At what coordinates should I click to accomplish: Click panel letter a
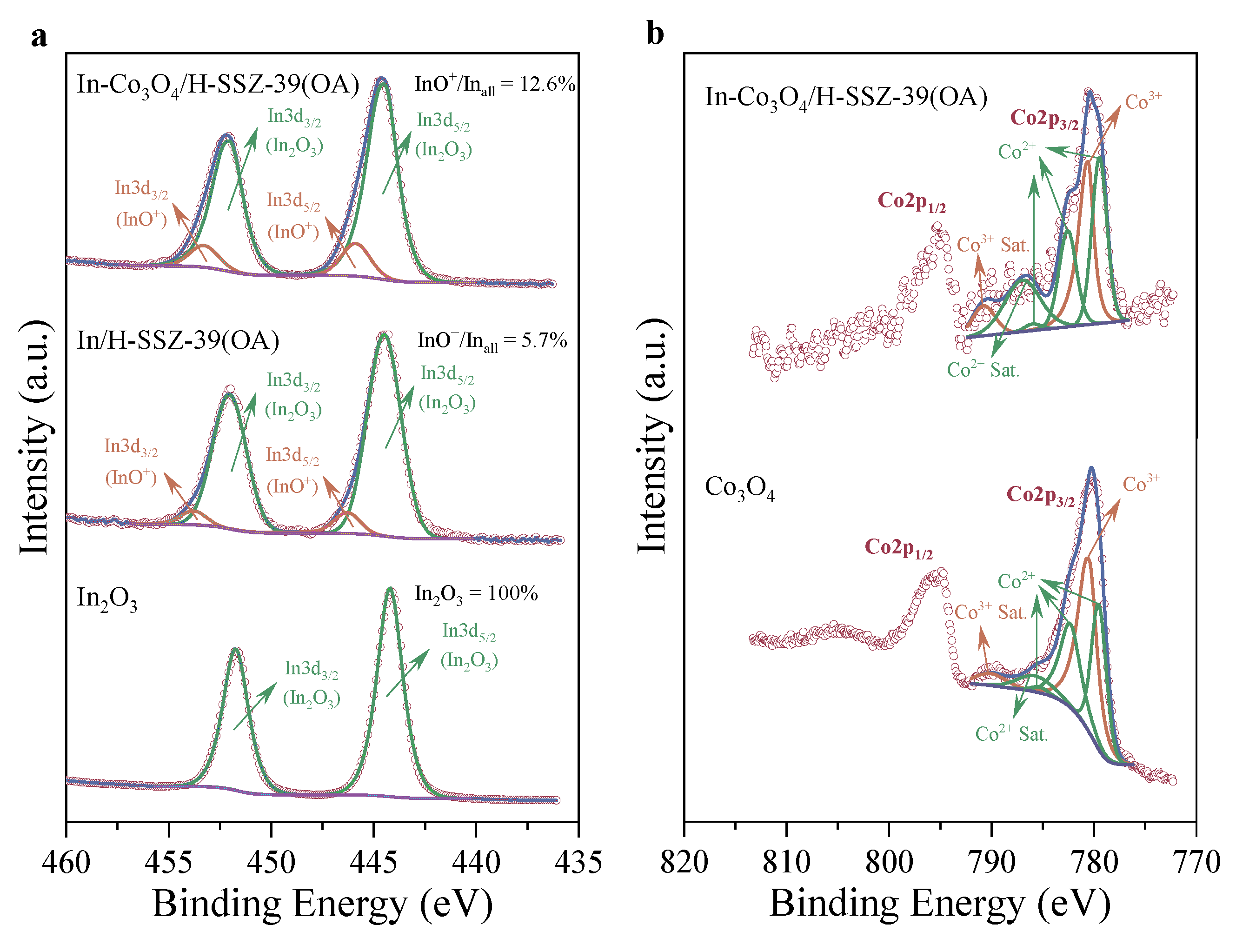click(x=39, y=37)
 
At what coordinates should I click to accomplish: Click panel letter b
click(x=655, y=33)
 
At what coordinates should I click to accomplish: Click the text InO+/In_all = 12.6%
click(x=494, y=85)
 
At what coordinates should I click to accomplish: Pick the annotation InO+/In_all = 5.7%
click(x=492, y=341)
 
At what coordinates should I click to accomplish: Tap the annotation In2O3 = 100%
click(x=476, y=594)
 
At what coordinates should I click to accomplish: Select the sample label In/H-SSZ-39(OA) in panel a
click(x=178, y=341)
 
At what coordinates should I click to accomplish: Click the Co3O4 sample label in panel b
click(x=739, y=488)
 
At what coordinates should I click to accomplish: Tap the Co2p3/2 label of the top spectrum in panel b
click(x=1044, y=119)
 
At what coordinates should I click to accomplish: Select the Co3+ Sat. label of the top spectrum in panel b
click(x=993, y=245)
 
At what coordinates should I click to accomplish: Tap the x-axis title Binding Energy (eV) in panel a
click(x=322, y=904)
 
